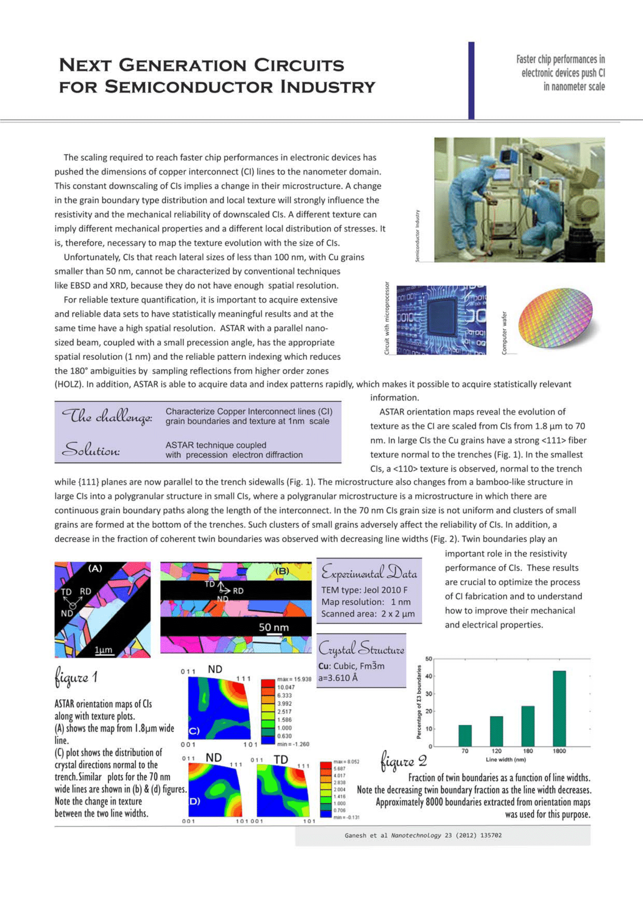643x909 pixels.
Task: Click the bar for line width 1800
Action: (559, 709)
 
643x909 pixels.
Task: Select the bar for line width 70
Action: (465, 736)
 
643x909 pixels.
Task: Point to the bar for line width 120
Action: (496, 731)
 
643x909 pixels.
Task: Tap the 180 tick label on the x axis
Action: (528, 751)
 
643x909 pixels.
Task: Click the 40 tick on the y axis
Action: (428, 676)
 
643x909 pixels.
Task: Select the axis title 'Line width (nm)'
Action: (506, 759)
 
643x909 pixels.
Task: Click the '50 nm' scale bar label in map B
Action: (274, 627)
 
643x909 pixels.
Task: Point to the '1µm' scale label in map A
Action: (103, 650)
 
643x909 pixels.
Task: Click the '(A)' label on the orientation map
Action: (95, 569)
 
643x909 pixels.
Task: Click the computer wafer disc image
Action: (555, 319)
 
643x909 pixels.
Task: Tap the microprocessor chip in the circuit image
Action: (441, 319)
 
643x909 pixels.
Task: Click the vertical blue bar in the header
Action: (471, 80)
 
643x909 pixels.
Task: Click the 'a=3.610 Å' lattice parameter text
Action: (338, 678)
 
